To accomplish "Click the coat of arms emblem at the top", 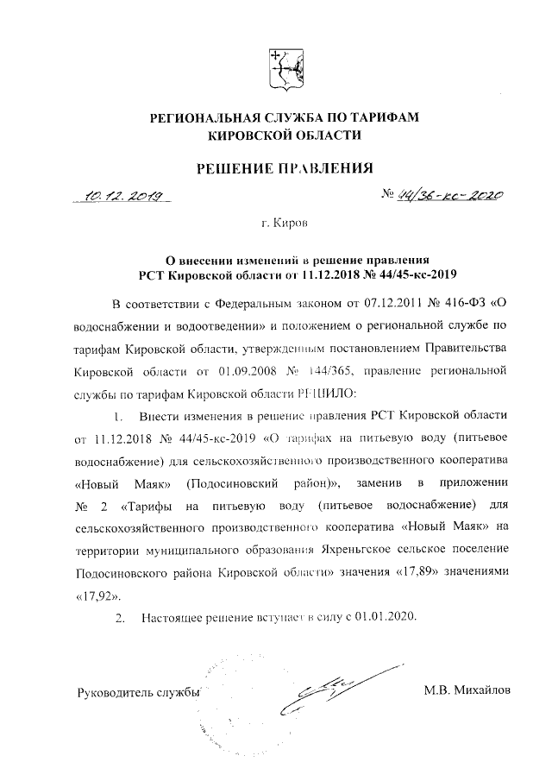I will coord(283,69).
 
